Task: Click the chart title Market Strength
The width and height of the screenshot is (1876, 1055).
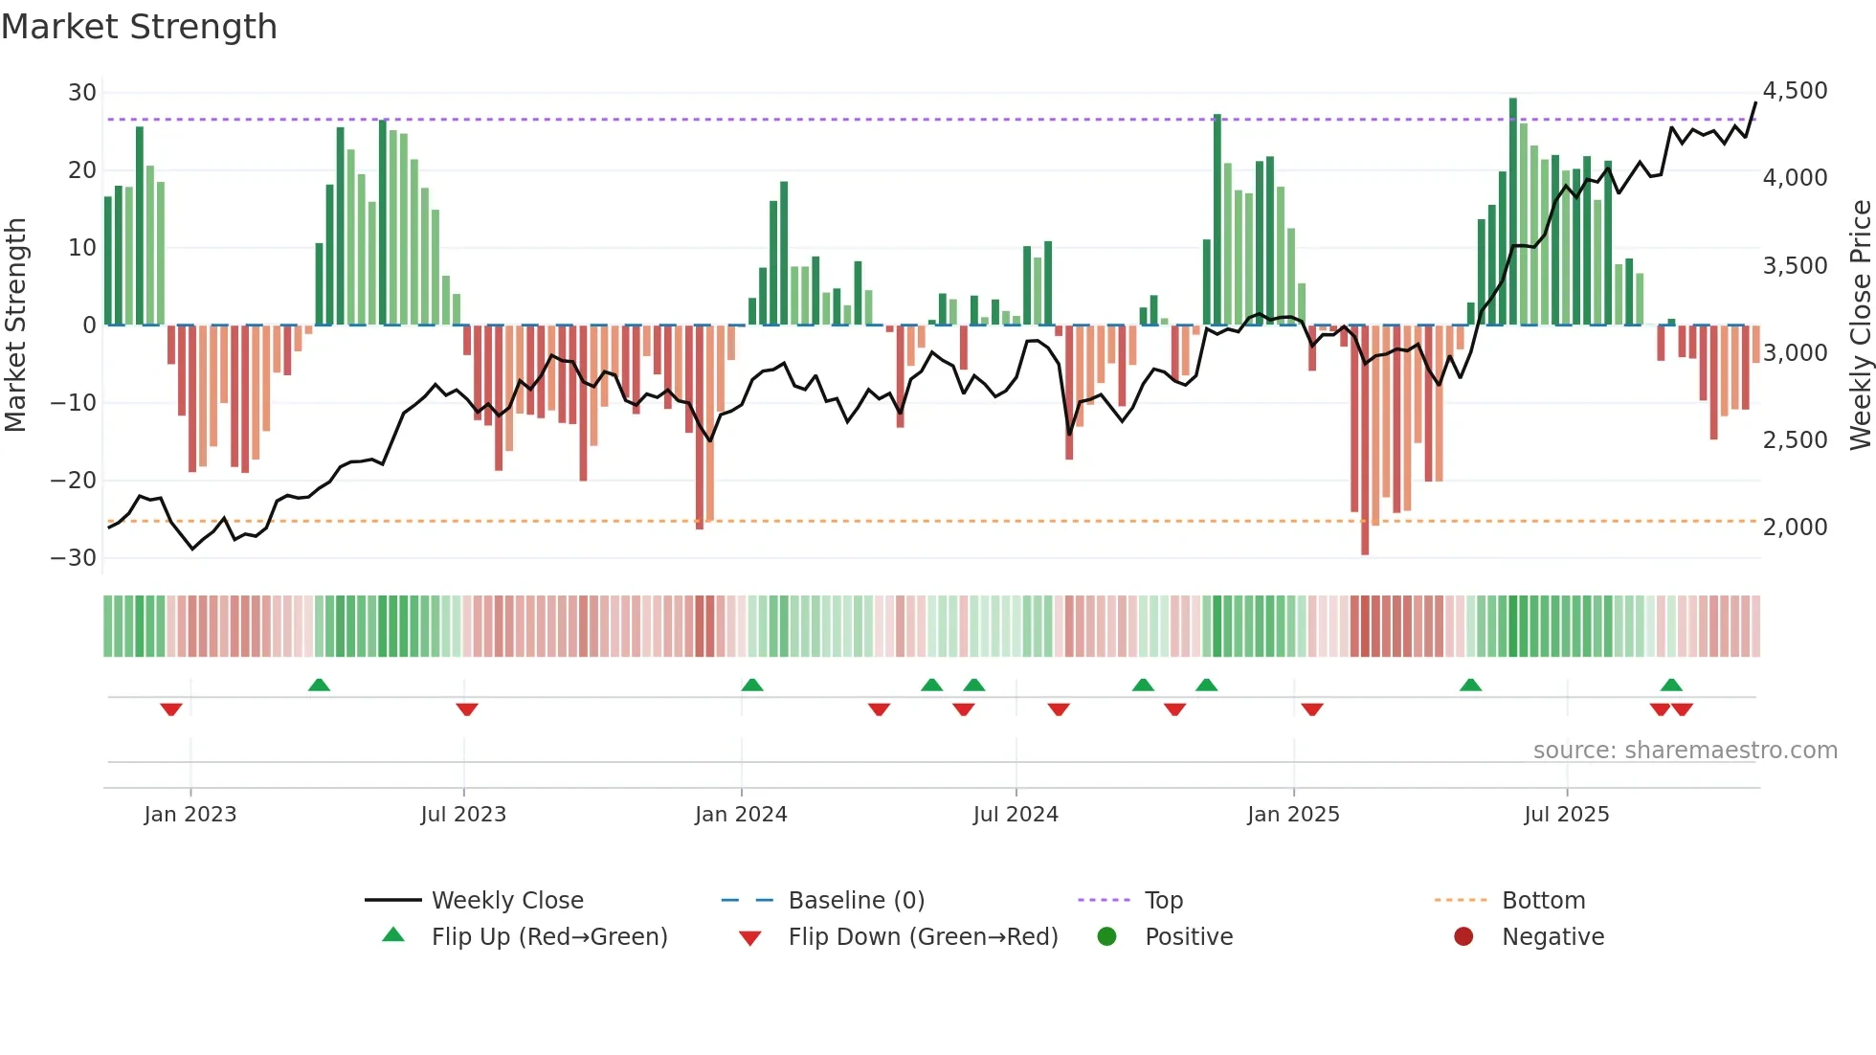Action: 139,27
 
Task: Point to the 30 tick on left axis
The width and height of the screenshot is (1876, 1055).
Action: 81,93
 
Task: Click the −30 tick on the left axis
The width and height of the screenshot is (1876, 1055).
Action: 74,558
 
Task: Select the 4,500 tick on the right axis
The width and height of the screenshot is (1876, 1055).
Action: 1795,91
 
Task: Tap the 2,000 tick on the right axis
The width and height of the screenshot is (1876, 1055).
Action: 1795,527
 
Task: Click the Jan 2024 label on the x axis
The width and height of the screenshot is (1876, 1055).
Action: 741,815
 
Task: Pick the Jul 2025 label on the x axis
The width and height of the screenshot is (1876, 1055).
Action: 1566,815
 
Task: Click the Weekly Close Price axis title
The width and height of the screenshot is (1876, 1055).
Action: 1860,325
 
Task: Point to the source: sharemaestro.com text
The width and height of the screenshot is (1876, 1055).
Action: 1685,751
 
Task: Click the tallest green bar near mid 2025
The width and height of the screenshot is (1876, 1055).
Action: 1513,211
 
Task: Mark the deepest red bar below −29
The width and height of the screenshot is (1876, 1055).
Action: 1365,440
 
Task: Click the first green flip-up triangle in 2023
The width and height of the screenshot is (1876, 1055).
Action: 319,685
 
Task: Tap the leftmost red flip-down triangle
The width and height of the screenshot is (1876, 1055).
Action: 171,709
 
